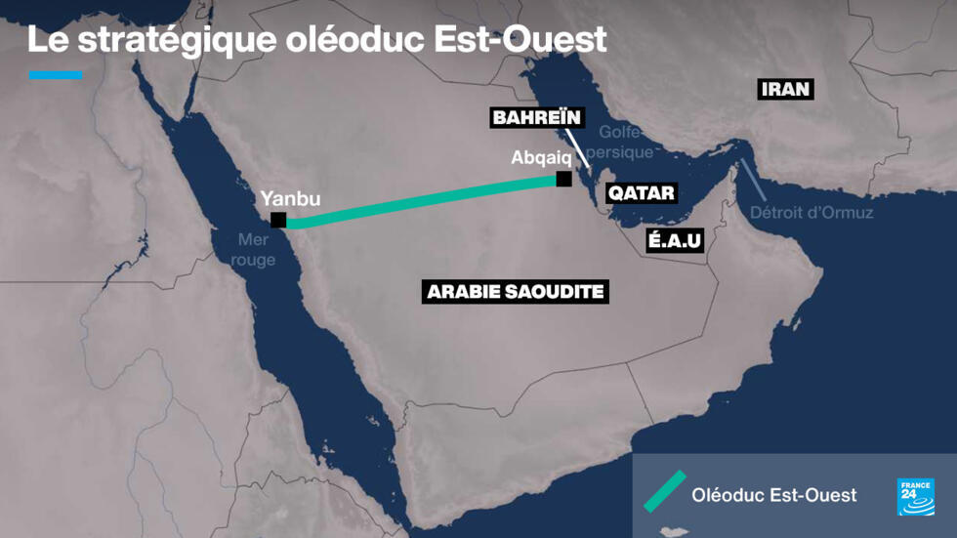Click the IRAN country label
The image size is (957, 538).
tap(785, 90)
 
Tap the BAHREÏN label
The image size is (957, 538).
tap(537, 118)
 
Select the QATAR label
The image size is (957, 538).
tap(641, 192)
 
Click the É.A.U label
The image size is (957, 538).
tap(675, 240)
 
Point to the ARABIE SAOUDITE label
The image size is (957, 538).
tap(516, 291)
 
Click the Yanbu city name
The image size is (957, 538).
tap(290, 199)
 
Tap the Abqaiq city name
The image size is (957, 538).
tap(540, 157)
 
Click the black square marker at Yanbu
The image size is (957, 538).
tap(278, 220)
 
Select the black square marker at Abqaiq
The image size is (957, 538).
tap(562, 179)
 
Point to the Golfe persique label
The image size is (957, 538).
tap(625, 143)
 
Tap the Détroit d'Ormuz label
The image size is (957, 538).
tap(811, 212)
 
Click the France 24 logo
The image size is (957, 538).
tap(915, 497)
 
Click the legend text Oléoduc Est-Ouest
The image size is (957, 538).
tap(773, 495)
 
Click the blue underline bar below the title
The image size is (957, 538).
tap(56, 74)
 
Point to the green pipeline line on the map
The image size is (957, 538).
tap(420, 201)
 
